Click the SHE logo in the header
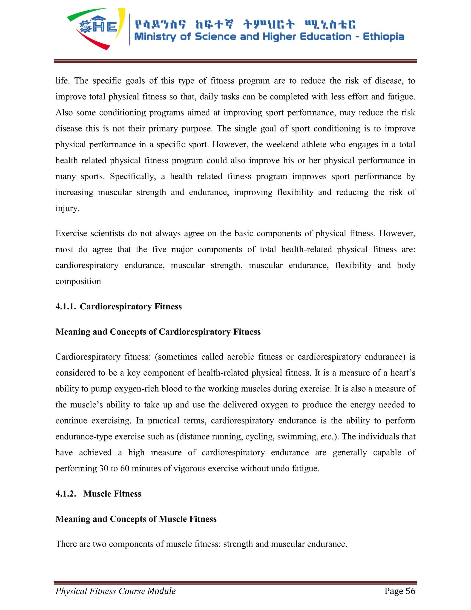pyautogui.click(x=96, y=28)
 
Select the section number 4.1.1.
pyautogui.click(x=66, y=306)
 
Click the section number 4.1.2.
pyautogui.click(x=66, y=494)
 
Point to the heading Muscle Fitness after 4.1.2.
pyautogui.click(x=112, y=494)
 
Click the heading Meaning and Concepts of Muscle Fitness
pyautogui.click(x=136, y=519)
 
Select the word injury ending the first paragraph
pyautogui.click(x=67, y=208)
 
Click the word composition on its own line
pyautogui.click(x=78, y=281)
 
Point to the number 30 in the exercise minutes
pyautogui.click(x=104, y=468)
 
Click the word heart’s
pyautogui.click(x=403, y=373)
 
